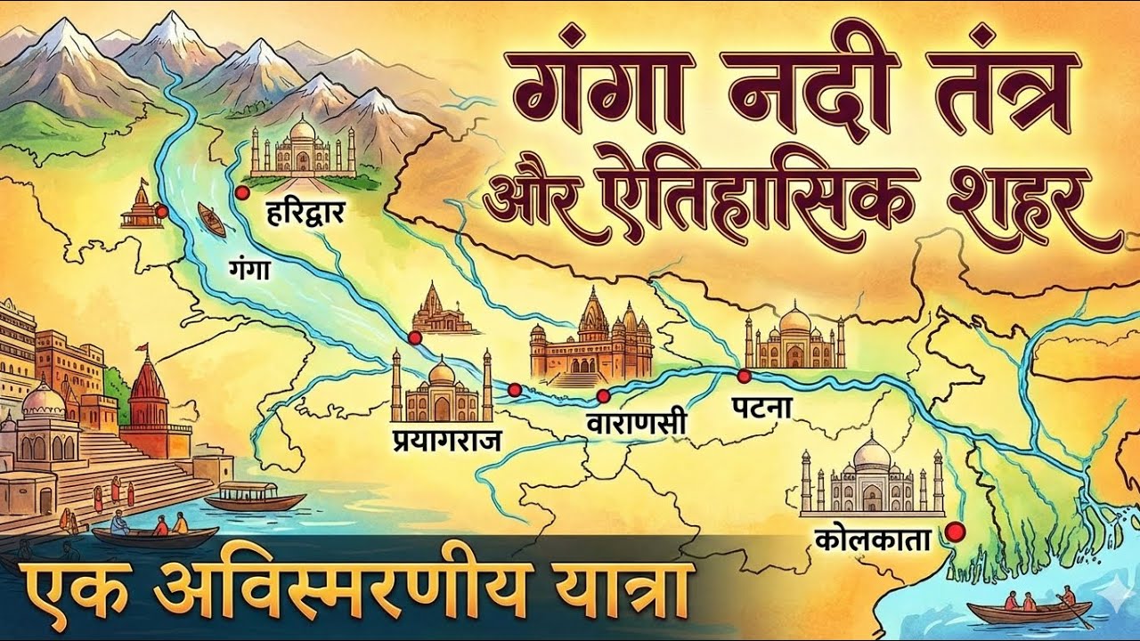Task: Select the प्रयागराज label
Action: click(x=446, y=439)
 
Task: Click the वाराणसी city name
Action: click(x=637, y=424)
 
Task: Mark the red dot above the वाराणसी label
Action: click(x=603, y=396)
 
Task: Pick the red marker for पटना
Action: click(x=744, y=376)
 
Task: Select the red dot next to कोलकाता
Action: click(x=956, y=532)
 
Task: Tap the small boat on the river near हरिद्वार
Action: click(x=212, y=219)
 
